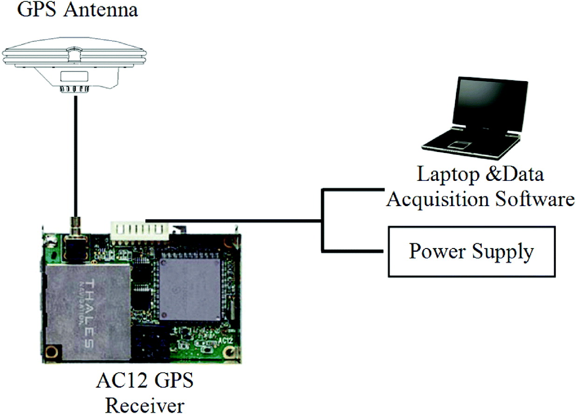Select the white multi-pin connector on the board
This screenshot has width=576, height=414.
(139, 229)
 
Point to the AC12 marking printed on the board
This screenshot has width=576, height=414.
(225, 341)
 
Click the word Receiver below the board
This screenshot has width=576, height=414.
(144, 405)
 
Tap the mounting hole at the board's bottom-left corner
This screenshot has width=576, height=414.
(53, 351)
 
